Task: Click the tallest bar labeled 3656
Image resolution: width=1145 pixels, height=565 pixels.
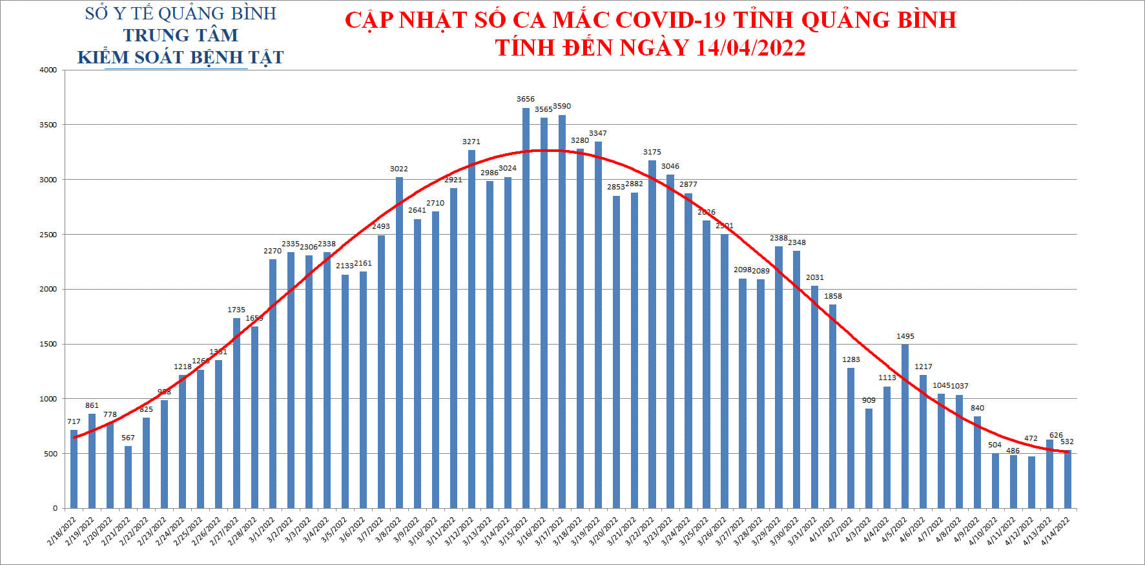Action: coord(526,308)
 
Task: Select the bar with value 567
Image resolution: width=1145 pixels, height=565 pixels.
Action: coord(128,477)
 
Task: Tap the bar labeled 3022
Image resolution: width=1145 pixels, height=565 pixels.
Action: coord(399,343)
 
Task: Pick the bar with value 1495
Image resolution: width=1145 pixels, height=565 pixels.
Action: coord(905,426)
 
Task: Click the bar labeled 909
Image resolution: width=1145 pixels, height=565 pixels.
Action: coord(869,458)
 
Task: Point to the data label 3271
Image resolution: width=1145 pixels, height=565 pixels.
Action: coord(471,142)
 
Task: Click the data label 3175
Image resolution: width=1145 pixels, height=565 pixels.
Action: coord(652,153)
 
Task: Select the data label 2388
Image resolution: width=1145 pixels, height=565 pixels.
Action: coord(779,239)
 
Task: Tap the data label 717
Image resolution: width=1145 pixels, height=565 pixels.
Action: coord(74,421)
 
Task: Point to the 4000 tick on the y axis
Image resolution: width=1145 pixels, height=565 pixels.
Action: coord(48,70)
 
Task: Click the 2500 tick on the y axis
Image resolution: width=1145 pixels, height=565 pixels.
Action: coord(48,235)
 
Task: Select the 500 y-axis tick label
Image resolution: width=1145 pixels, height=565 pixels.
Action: coord(50,454)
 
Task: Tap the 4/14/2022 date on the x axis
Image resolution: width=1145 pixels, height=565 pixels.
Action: coord(1057,531)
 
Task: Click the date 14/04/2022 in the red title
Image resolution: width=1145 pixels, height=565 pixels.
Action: coord(750,48)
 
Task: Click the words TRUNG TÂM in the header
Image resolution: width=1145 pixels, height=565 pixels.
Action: coord(181,36)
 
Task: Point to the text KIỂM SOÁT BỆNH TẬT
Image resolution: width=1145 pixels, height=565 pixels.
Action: coord(181,58)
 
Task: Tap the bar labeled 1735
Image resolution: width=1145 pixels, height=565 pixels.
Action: coord(236,413)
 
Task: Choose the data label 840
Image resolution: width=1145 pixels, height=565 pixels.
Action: coord(977,408)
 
